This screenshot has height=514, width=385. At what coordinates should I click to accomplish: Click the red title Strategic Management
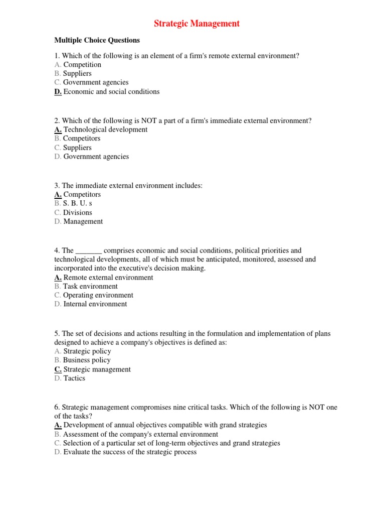(196, 24)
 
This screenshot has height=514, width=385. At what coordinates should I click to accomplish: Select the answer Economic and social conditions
(111, 92)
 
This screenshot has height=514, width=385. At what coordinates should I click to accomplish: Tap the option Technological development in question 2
(105, 130)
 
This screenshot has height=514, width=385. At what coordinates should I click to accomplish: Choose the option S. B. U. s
(77, 203)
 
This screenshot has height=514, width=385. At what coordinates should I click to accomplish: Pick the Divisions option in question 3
(77, 212)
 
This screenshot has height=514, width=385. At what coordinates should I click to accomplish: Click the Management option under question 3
(83, 221)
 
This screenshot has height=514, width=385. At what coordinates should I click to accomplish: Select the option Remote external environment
(108, 278)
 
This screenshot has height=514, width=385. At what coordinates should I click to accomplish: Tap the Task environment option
(90, 287)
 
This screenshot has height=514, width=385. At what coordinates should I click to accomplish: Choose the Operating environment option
(98, 296)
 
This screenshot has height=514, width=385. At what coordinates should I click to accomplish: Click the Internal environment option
(95, 304)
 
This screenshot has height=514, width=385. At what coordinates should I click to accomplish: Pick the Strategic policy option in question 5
(87, 351)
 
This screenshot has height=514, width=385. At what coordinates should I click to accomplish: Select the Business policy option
(87, 360)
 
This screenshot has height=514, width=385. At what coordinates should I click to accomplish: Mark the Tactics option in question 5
(74, 378)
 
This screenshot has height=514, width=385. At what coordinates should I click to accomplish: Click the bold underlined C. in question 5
(58, 369)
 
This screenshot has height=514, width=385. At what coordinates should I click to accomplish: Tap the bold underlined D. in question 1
(58, 92)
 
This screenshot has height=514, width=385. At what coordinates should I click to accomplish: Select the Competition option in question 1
(82, 65)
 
